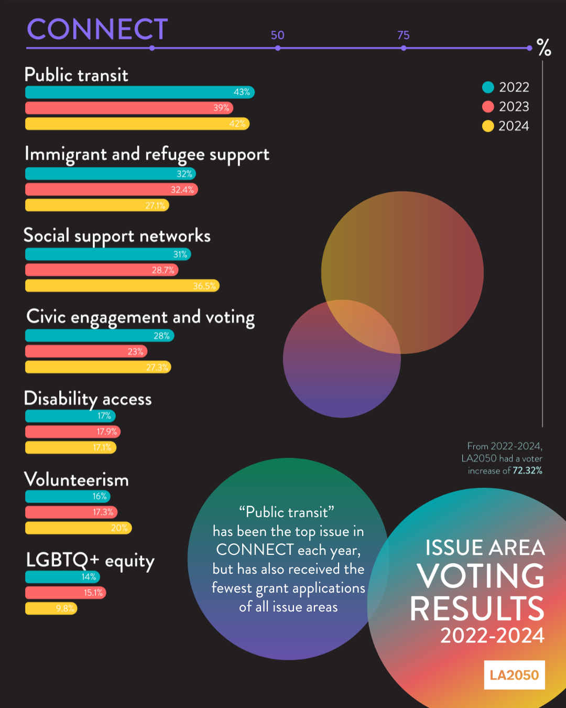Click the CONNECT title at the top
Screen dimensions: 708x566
point(97,29)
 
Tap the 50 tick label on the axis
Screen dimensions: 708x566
point(277,35)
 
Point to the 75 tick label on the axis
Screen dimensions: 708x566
point(403,35)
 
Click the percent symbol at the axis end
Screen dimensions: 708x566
point(544,48)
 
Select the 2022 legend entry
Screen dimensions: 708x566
point(506,87)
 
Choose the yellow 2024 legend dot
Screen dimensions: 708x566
point(488,126)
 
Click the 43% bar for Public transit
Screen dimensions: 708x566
point(139,92)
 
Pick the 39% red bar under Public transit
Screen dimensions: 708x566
point(129,108)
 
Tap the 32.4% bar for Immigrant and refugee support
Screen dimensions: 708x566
point(111,189)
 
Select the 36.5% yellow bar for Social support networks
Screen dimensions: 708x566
point(122,286)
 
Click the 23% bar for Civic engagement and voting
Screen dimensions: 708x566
point(86,351)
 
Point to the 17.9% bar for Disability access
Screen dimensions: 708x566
point(73,432)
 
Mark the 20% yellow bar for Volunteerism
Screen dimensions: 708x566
point(78,528)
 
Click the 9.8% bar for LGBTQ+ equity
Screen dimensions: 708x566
point(51,608)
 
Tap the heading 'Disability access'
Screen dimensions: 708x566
point(88,399)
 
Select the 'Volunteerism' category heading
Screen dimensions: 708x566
point(77,479)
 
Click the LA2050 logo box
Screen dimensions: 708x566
point(514,675)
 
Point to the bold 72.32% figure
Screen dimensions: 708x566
point(527,470)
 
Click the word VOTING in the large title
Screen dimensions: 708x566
point(481,576)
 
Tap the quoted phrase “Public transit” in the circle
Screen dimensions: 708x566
point(287,512)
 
